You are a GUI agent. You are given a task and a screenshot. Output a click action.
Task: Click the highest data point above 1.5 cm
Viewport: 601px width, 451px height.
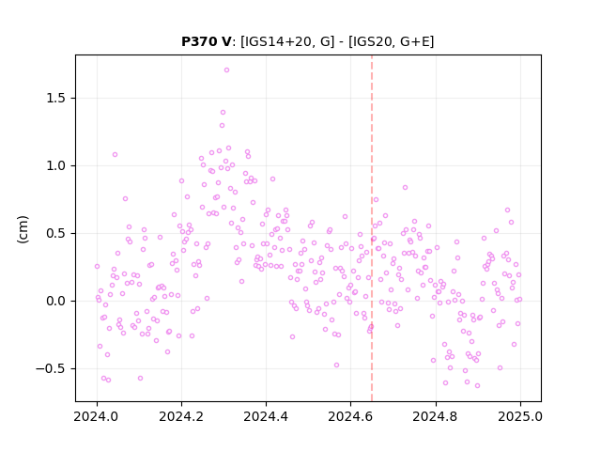coord(226,70)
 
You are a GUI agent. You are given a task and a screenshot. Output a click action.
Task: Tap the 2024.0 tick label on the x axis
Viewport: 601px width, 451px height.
coord(97,416)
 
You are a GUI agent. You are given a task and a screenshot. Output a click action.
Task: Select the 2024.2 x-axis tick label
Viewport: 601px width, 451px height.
coord(181,416)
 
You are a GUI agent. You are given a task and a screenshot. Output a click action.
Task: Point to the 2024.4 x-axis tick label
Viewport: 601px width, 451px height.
coord(266,416)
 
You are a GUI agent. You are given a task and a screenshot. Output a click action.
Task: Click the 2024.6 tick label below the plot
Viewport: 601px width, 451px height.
coord(350,416)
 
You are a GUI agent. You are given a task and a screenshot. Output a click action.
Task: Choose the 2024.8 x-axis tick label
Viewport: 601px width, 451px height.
coord(435,416)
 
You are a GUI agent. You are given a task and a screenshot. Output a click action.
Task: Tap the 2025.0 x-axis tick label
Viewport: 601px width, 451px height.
coord(520,416)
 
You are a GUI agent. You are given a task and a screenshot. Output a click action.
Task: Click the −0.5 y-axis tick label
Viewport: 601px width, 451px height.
coord(52,369)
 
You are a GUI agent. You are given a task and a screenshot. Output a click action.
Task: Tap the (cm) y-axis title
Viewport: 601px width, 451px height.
coord(23,229)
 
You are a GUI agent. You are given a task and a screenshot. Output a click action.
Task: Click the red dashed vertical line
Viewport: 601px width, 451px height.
coord(372,228)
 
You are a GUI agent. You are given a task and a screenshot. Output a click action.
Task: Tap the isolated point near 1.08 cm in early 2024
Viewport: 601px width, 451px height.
coord(115,154)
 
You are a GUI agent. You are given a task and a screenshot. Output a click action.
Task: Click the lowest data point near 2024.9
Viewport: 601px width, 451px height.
coord(477,386)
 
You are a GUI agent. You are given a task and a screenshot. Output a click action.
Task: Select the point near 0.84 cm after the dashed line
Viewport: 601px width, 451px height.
coord(405,188)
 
